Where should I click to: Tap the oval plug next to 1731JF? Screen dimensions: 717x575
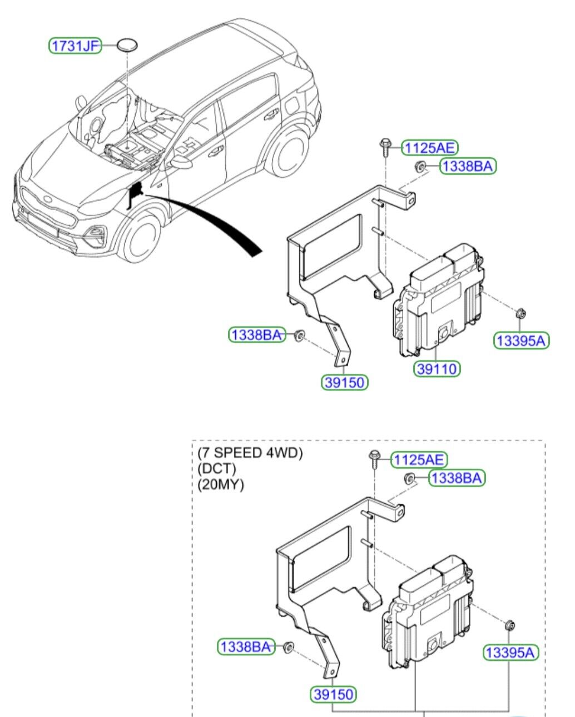128,45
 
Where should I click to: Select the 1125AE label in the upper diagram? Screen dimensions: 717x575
429,148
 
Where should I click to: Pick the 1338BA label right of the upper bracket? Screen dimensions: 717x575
468,166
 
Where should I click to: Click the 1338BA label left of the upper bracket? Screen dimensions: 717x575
256,335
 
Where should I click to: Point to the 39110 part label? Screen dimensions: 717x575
437,368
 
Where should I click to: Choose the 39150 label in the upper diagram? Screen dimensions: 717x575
345,382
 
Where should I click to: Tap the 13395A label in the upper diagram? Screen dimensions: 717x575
521,340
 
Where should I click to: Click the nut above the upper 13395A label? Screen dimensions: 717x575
522,313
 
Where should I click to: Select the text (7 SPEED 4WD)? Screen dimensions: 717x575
250,453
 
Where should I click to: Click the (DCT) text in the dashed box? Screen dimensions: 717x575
217,469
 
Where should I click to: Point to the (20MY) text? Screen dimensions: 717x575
221,484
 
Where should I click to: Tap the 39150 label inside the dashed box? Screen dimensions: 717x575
333,694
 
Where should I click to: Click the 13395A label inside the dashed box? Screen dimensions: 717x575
510,653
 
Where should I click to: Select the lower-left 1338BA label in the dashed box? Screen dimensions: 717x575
246,646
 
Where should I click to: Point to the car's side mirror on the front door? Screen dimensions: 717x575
180,162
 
